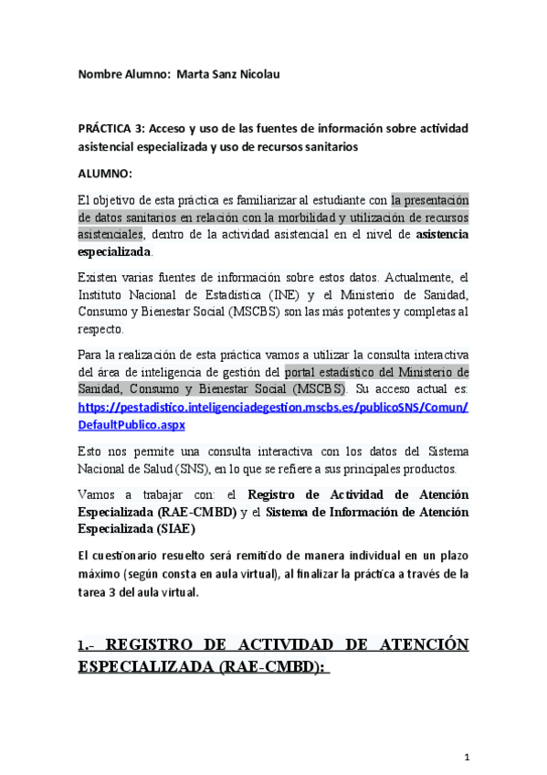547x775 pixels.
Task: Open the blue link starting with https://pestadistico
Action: tap(273, 408)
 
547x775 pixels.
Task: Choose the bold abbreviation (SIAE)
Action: tap(177, 527)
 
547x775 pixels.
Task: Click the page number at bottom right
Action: tap(466, 757)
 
